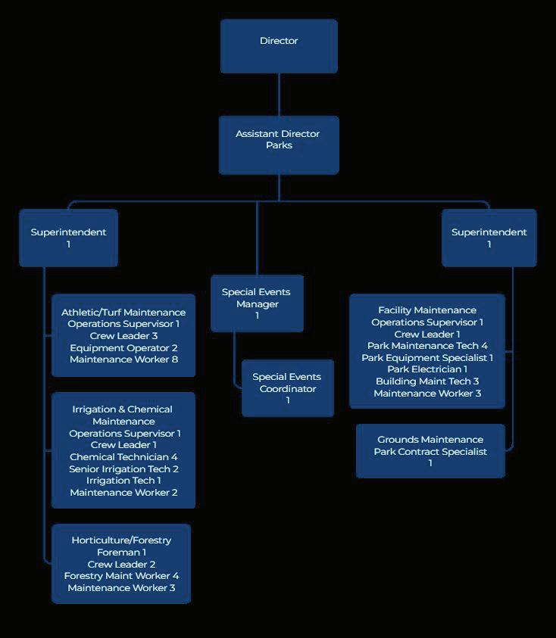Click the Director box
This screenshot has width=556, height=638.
click(279, 45)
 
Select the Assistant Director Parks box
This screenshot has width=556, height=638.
click(279, 145)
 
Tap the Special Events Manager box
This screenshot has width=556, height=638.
click(257, 303)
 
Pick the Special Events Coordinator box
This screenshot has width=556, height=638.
click(287, 388)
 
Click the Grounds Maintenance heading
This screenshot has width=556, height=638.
click(430, 440)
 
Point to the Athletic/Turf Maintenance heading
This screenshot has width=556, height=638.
click(123, 313)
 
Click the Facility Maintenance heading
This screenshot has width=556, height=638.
click(427, 310)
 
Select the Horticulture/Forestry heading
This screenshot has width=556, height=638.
click(121, 540)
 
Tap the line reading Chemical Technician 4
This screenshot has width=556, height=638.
click(123, 457)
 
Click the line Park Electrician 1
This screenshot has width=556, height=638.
click(427, 369)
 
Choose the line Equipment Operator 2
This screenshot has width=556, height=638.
click(123, 348)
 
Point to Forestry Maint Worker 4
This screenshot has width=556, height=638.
click(121, 576)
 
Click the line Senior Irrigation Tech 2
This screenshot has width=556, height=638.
click(123, 469)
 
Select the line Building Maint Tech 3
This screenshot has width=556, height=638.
click(427, 381)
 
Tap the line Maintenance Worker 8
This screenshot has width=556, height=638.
click(123, 359)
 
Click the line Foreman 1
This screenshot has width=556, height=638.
click(121, 552)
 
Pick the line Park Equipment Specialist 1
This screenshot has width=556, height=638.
click(427, 358)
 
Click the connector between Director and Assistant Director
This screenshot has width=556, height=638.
click(279, 95)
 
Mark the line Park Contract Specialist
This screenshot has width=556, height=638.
click(430, 452)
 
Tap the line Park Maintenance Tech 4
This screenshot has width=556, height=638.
click(427, 346)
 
